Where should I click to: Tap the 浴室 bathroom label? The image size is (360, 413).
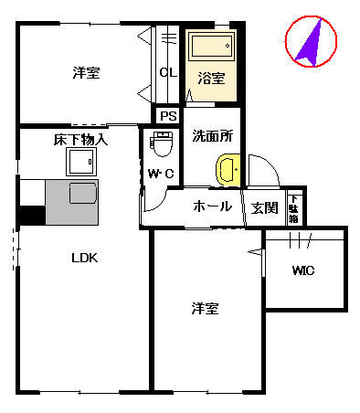click(211, 79)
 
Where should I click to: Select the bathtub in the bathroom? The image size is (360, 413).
click(211, 49)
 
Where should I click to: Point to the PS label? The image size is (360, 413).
click(167, 116)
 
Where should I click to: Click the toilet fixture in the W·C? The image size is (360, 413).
click(162, 144)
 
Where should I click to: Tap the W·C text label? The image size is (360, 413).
click(161, 174)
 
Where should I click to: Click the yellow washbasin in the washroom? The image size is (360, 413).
click(227, 170)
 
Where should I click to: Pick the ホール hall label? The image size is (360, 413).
click(213, 206)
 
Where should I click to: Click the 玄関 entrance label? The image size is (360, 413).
click(265, 207)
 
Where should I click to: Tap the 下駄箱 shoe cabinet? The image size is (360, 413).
click(294, 207)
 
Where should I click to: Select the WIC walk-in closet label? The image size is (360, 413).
click(304, 270)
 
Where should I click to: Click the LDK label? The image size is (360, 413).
click(85, 258)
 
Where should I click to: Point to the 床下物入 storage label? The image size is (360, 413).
click(80, 140)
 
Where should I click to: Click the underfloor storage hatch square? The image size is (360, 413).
click(80, 162)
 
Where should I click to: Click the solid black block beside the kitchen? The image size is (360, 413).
click(32, 216)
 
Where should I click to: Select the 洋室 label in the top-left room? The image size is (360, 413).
click(86, 73)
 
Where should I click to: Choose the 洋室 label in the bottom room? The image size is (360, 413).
click(205, 308)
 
